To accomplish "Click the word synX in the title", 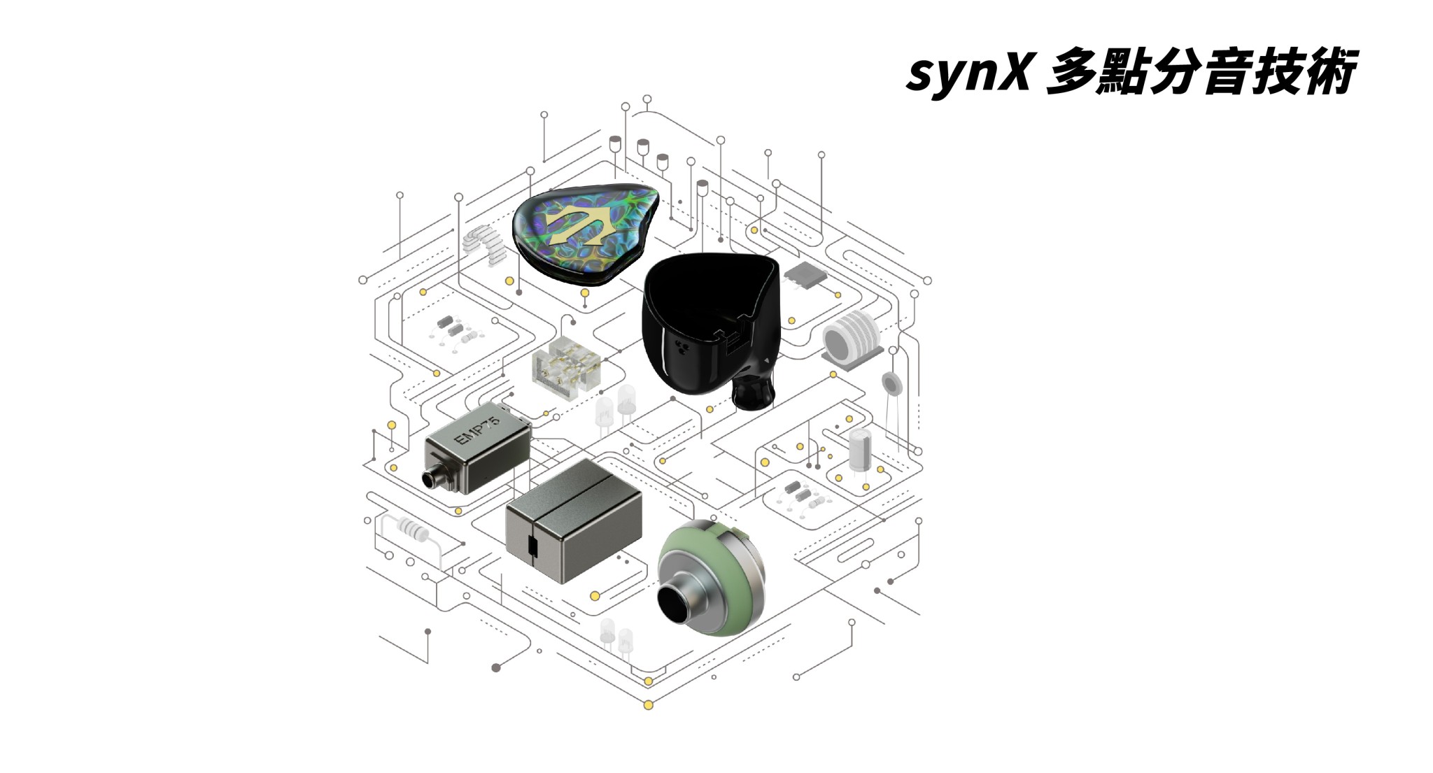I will [x=968, y=72].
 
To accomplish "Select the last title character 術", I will [x=1327, y=72].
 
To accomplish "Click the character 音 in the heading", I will [x=1224, y=72].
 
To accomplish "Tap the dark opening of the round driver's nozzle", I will [x=675, y=604].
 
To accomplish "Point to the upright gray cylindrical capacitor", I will [x=859, y=450].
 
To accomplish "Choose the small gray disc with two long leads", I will [x=891, y=384].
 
